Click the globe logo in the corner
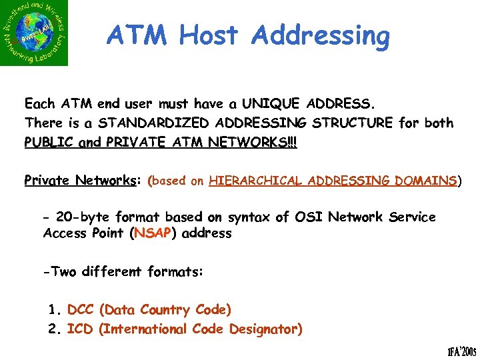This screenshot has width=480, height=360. [x=35, y=33]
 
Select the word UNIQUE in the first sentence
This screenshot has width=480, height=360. [x=271, y=104]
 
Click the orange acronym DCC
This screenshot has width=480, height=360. [x=81, y=310]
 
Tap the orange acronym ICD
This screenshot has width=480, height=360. [x=80, y=329]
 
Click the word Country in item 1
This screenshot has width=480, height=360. [x=167, y=311]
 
